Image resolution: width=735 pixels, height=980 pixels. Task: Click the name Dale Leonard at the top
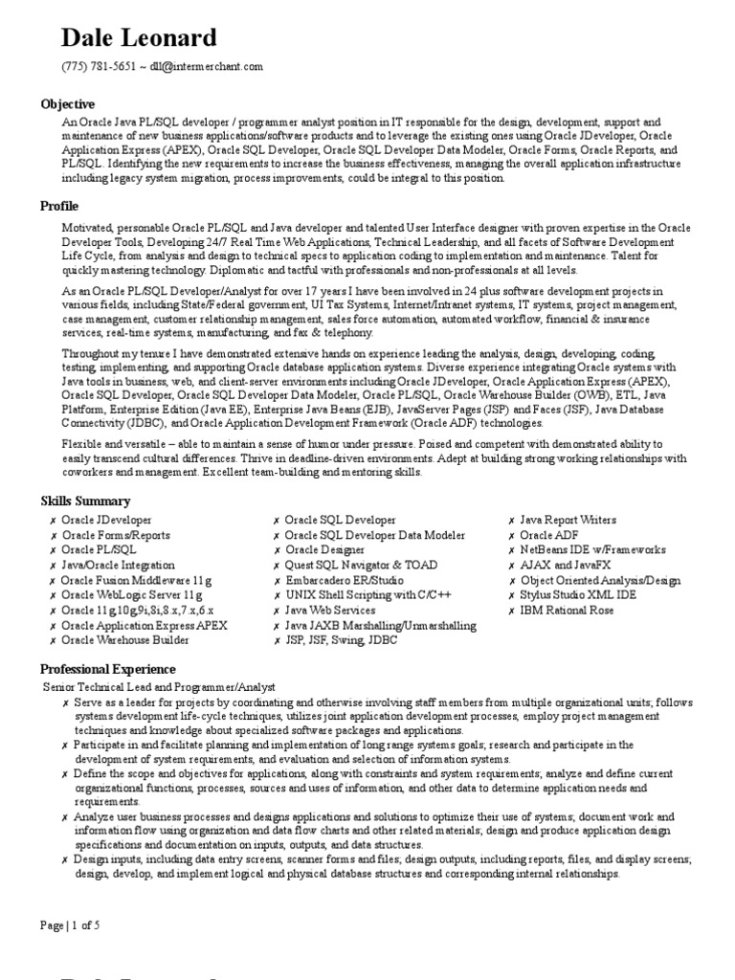(x=139, y=38)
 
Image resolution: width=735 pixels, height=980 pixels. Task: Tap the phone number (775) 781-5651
(x=99, y=67)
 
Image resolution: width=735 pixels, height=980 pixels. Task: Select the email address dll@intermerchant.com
(x=207, y=67)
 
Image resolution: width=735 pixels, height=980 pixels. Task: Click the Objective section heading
(x=67, y=103)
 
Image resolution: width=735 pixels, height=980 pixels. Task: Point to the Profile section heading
(x=59, y=207)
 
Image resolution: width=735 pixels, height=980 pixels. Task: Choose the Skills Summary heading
(x=85, y=501)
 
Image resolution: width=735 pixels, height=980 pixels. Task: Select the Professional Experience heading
(x=108, y=669)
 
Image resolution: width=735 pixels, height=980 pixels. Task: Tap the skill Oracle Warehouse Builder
(x=125, y=640)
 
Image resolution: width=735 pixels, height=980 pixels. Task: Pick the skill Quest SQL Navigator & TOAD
(x=355, y=566)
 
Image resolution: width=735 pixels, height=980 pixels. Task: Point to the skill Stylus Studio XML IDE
(x=578, y=595)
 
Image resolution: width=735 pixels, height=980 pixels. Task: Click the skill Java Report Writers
(x=568, y=520)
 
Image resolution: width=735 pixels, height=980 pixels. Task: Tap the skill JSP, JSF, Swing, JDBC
(x=341, y=640)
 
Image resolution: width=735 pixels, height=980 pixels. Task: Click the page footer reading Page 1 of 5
(x=70, y=925)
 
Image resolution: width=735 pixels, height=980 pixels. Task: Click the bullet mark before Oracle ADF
(x=512, y=535)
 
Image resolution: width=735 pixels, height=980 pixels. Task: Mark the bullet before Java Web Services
(x=277, y=611)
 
